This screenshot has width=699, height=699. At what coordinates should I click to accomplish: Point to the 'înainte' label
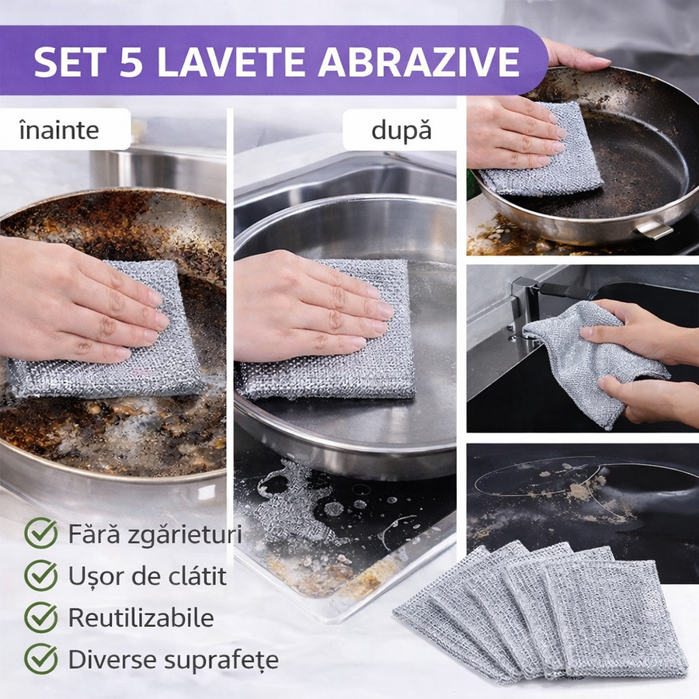[59, 130]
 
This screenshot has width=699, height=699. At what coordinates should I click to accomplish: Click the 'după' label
[402, 130]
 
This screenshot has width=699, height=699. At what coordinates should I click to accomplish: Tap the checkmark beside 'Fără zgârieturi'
[41, 534]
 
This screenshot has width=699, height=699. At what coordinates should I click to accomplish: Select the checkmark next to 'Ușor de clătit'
[41, 576]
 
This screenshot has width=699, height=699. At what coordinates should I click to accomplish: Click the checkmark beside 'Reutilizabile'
[41, 617]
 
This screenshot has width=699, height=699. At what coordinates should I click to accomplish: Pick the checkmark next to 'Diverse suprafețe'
[41, 659]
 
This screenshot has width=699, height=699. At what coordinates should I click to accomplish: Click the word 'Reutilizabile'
[141, 617]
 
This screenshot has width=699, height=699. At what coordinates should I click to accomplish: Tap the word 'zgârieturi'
[185, 535]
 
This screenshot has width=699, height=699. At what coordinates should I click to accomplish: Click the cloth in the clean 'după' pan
[328, 329]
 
